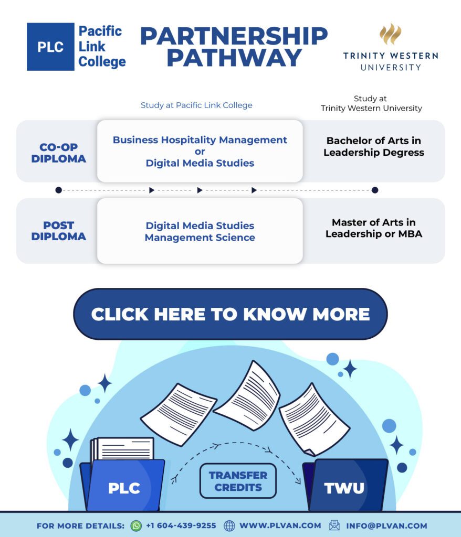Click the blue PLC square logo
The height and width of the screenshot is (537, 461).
(50, 46)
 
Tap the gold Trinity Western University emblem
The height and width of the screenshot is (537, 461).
(390, 34)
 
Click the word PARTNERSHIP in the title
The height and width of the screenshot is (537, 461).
(234, 36)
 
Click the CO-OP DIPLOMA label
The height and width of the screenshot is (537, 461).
(58, 153)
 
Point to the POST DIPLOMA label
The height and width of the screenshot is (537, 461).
(58, 231)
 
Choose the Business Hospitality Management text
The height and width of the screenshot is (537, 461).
(200, 140)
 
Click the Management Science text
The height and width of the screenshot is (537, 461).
(200, 238)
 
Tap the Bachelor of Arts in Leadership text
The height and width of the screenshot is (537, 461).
(373, 147)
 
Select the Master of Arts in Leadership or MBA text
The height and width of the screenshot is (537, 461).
(373, 228)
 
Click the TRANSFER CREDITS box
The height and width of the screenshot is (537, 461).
(238, 481)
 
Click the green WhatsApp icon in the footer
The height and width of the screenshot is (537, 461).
(136, 525)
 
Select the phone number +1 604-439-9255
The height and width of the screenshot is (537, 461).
(181, 525)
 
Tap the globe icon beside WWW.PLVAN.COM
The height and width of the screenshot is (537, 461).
(229, 525)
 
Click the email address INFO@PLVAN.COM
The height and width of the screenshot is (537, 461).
(386, 525)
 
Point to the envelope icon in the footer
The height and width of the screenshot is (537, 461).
(334, 525)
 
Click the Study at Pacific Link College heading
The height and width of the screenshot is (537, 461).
(196, 105)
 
